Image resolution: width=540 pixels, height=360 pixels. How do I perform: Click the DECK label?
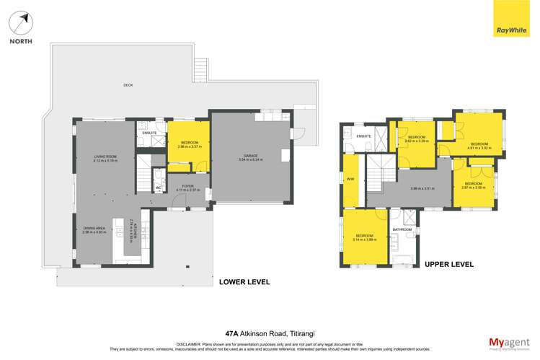coord(128,85)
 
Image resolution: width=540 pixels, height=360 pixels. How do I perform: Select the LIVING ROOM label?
coord(105,157)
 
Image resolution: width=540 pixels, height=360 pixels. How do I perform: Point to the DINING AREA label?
coord(95,229)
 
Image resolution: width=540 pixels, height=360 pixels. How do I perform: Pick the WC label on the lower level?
coord(158,189)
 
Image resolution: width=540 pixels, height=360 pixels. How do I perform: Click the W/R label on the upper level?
coord(350,179)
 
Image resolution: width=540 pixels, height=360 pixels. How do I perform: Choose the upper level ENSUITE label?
coord(363,136)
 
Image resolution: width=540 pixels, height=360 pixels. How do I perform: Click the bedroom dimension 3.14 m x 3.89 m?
coord(365,240)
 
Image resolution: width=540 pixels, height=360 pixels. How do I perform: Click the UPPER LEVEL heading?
coord(450,265)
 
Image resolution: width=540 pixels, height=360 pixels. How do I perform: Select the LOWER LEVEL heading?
coord(244,282)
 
